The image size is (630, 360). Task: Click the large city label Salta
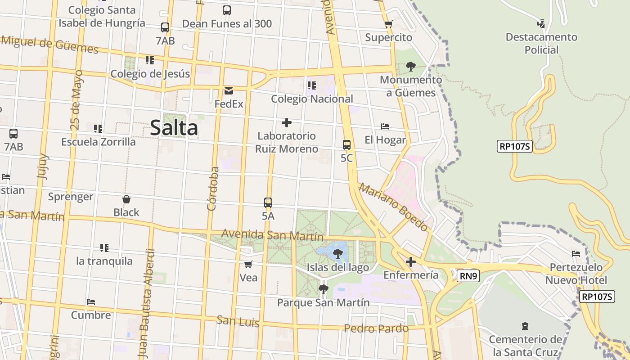174,128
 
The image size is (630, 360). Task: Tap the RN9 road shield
468,276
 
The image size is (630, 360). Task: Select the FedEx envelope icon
229,91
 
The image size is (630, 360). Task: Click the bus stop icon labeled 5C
346,145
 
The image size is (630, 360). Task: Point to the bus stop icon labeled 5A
268,202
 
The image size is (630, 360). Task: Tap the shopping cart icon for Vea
248,264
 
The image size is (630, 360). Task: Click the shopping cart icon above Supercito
389,24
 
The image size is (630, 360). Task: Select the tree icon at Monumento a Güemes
410,67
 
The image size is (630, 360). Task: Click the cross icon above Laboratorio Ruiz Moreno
286,122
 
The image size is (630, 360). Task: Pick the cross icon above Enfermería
410,261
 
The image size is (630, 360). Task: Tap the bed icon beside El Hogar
385,126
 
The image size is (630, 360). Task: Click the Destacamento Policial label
541,43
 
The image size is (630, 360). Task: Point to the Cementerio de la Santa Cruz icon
525,326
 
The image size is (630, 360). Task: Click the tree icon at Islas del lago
337,254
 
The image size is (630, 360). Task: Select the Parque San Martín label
323,302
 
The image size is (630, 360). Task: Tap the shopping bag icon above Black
126,199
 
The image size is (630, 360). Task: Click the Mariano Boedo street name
393,207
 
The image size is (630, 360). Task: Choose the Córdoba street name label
213,189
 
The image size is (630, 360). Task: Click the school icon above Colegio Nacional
311,85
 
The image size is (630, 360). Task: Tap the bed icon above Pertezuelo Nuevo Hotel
576,254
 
